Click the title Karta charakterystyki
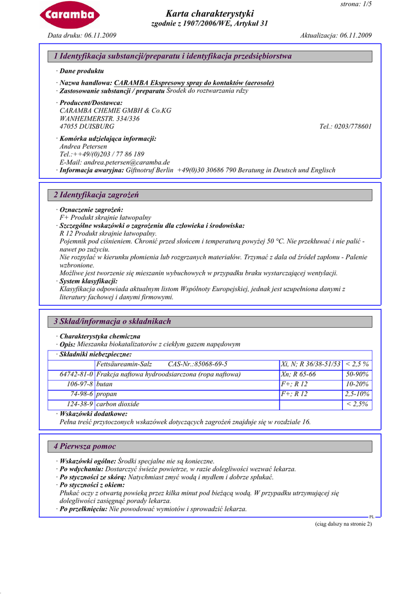pyautogui.click(x=209, y=13)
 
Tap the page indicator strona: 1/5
pyautogui.click(x=356, y=4)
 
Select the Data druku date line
pyautogui.click(x=82, y=35)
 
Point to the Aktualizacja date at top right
pyautogui.click(x=336, y=35)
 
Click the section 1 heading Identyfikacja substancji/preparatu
pyautogui.click(x=173, y=56)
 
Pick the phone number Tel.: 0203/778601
pyautogui.click(x=345, y=126)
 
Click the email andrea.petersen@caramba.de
pyautogui.click(x=115, y=162)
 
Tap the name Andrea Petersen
pyautogui.click(x=84, y=147)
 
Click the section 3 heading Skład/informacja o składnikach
pyautogui.click(x=113, y=321)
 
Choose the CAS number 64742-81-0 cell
pyautogui.click(x=76, y=375)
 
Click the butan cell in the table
pyautogui.click(x=104, y=385)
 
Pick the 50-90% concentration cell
pyautogui.click(x=357, y=375)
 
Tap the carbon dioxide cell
pyautogui.click(x=118, y=404)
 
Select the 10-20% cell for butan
pyautogui.click(x=357, y=385)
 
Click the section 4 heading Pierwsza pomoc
pyautogui.click(x=85, y=447)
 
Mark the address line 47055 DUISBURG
pyautogui.click(x=87, y=126)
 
